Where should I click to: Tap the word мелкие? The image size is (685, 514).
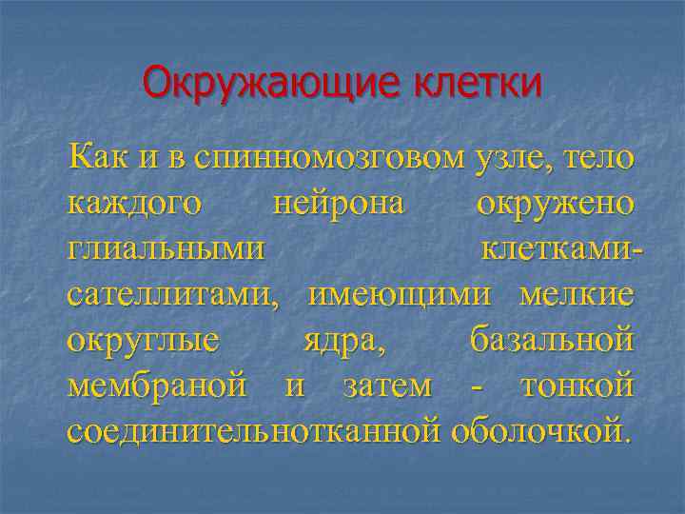[577, 294]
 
